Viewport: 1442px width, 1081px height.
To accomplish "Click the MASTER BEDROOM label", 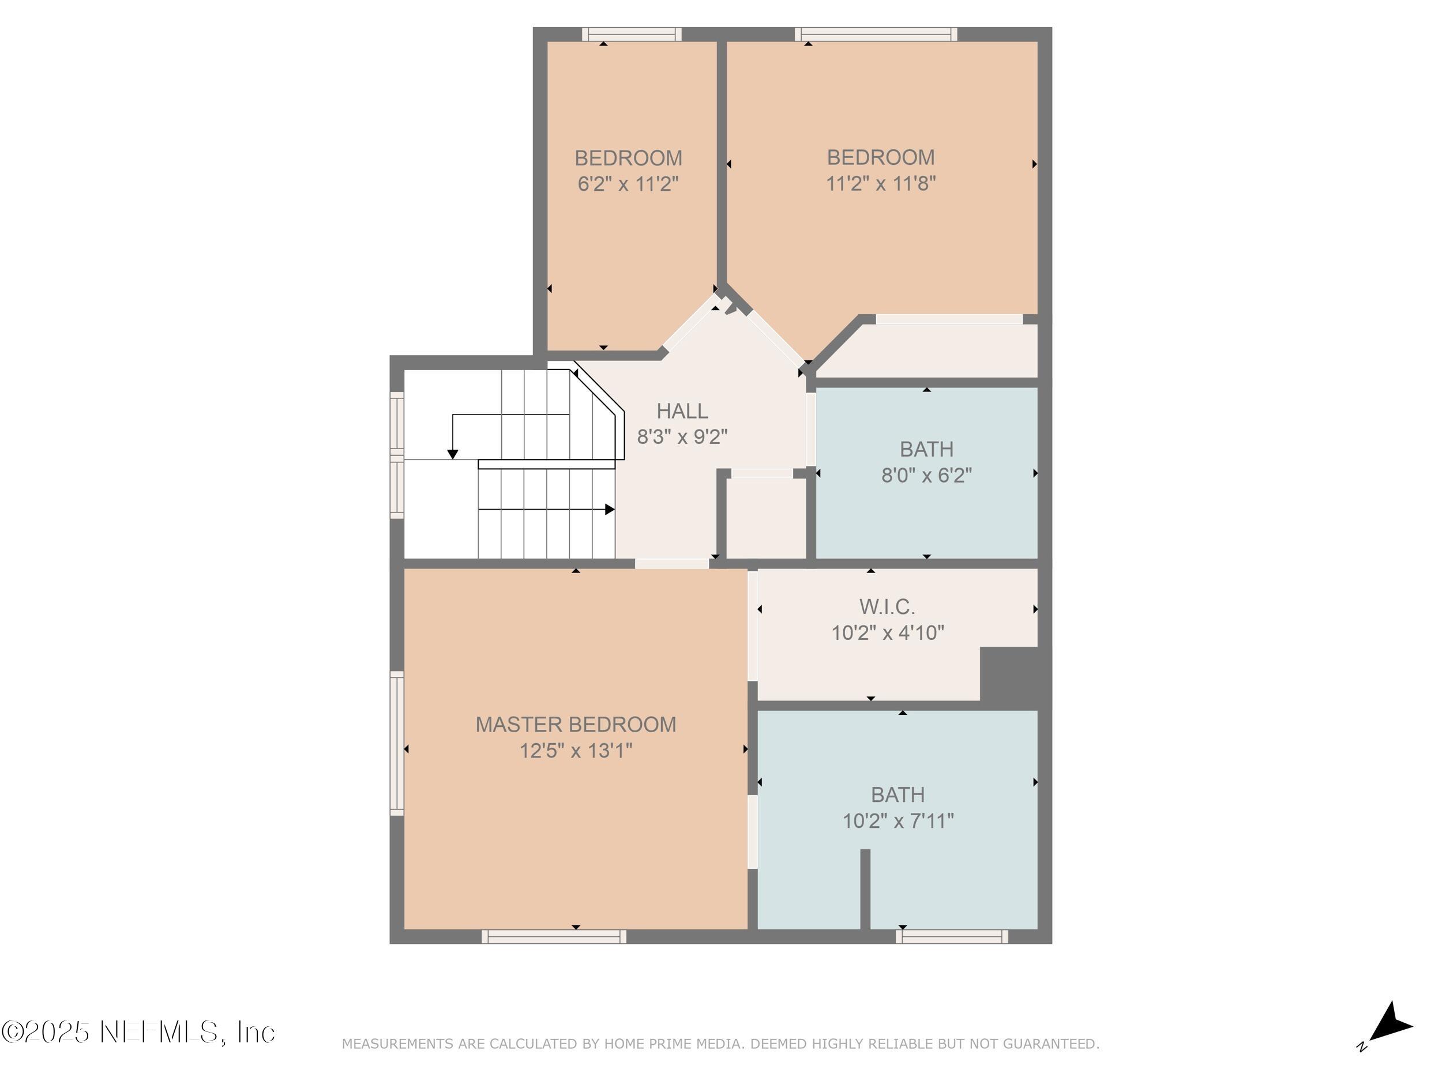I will tap(576, 725).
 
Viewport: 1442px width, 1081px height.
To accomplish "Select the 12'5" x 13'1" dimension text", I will tap(576, 751).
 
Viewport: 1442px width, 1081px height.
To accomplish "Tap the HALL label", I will tap(682, 411).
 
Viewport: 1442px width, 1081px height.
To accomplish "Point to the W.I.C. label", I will tap(887, 607).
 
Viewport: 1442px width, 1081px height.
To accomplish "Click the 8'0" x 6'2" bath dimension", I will tap(926, 476).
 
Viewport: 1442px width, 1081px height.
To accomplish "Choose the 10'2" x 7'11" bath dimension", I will tap(898, 821).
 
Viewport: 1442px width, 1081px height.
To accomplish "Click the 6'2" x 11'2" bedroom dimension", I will tap(628, 184).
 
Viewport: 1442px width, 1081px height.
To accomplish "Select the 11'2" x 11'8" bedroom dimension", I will tap(881, 184).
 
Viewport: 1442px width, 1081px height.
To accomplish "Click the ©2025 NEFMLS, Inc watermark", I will tap(138, 1032).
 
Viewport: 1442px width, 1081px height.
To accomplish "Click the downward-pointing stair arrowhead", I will tap(453, 454).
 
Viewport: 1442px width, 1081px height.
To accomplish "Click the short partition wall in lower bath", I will tap(865, 889).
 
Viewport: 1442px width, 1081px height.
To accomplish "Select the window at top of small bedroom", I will tap(632, 34).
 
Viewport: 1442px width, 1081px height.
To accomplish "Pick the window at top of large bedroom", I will tap(876, 34).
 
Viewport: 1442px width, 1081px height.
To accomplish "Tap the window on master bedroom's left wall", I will tap(396, 743).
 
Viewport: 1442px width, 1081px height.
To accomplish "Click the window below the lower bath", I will tap(952, 936).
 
